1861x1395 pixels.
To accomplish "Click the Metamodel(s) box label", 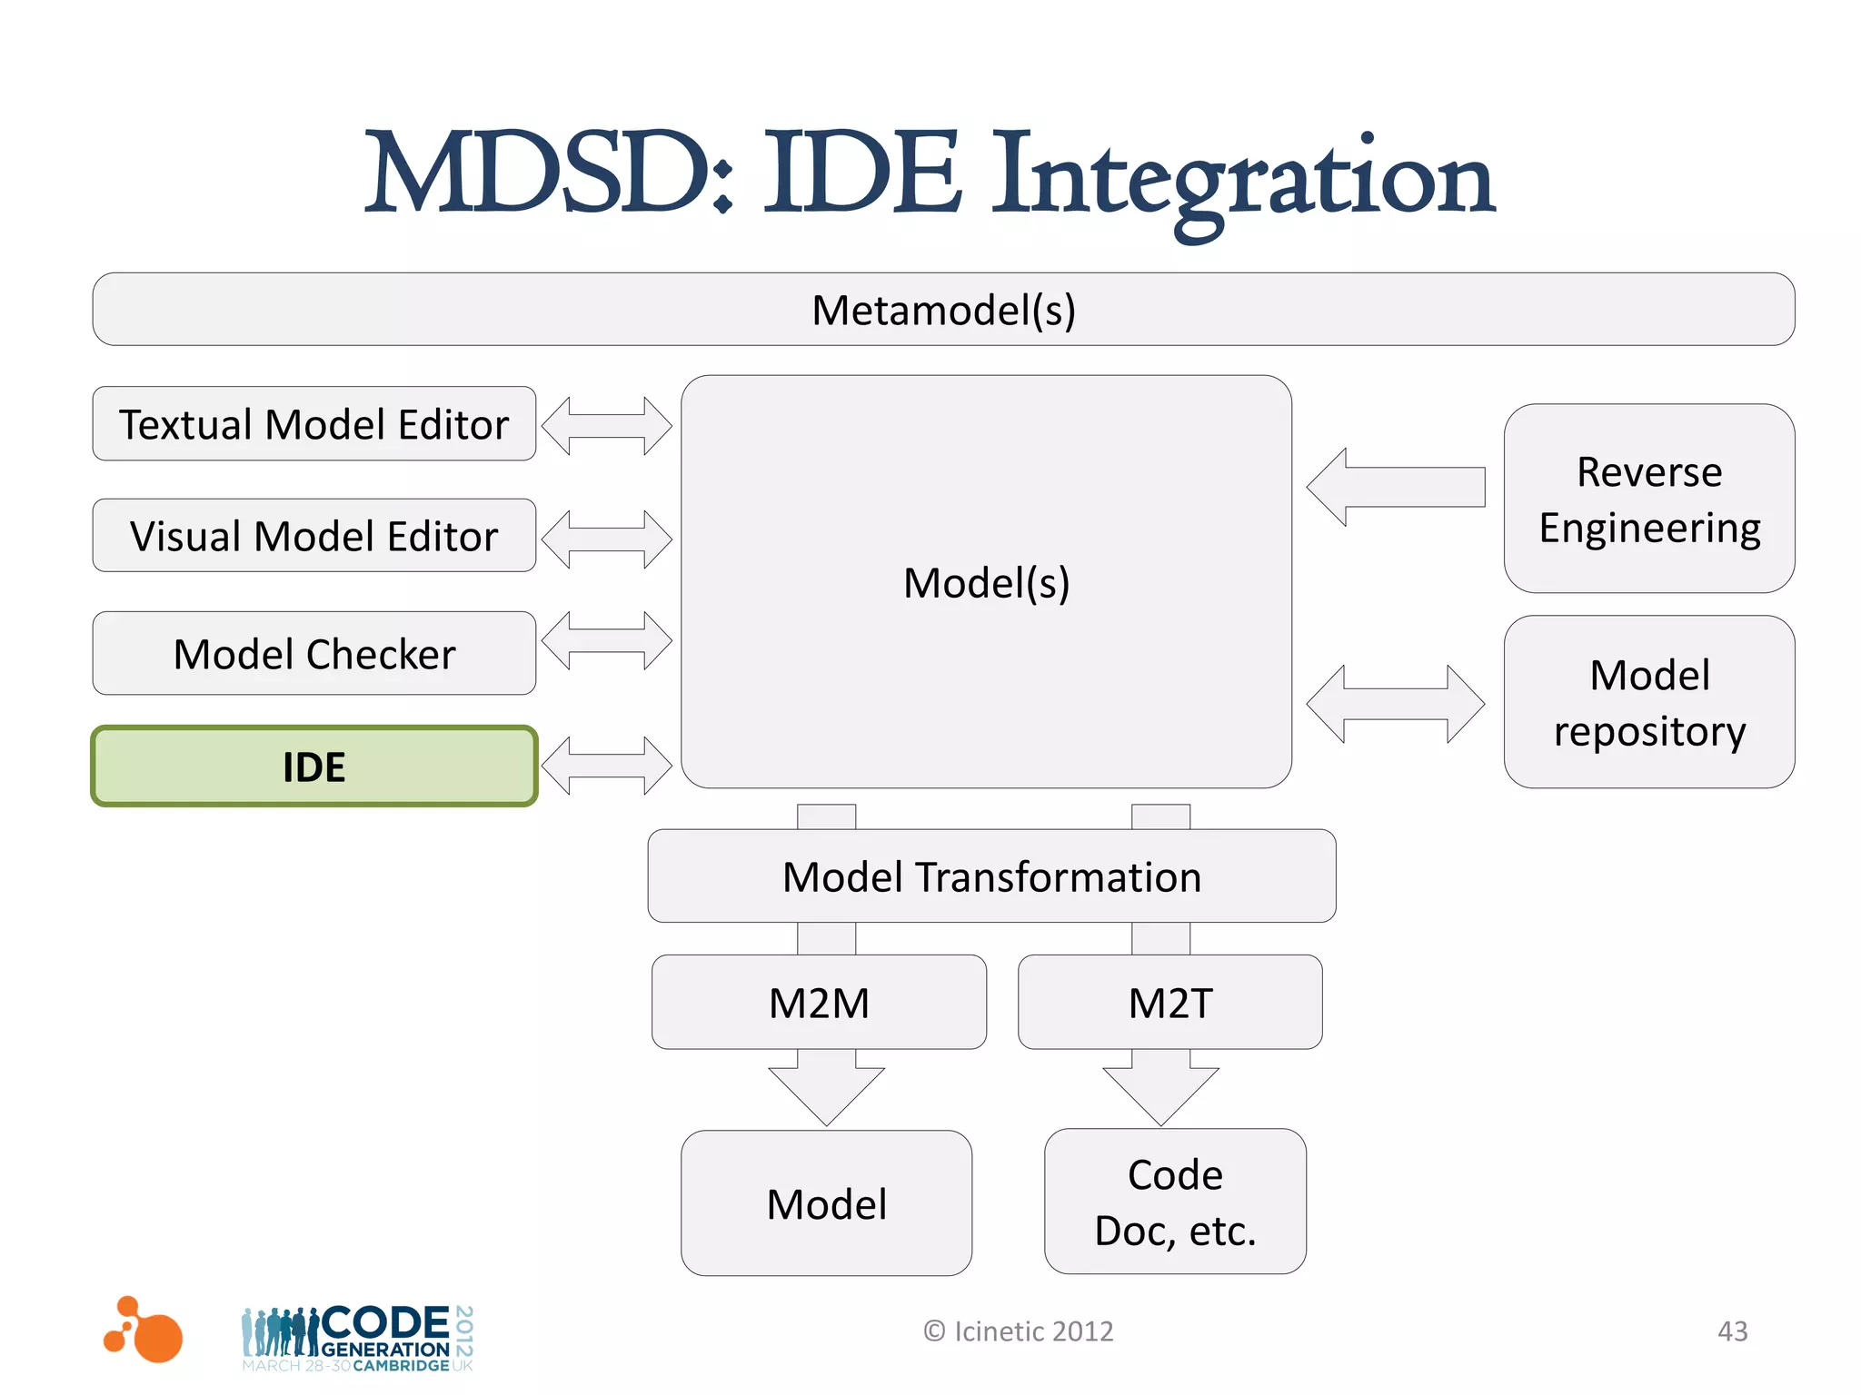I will [943, 311].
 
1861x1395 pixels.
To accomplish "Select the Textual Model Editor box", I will [313, 424].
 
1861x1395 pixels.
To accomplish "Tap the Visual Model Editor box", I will [313, 536].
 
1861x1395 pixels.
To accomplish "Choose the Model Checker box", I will [313, 654].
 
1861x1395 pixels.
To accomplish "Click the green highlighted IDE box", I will [313, 767].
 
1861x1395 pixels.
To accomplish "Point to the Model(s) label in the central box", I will [986, 582].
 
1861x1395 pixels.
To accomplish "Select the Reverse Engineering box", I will [1648, 500].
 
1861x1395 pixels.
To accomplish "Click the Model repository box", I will [1648, 702].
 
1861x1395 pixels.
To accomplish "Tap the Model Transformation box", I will [991, 876].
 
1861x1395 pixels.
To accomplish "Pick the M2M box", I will [819, 1003].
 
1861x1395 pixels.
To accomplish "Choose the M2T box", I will [1169, 1003].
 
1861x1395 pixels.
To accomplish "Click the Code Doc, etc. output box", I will [1174, 1202].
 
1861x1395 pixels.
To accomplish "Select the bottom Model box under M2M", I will [826, 1203].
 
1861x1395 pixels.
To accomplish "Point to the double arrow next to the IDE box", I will [606, 766].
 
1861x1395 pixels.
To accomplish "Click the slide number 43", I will [1732, 1331].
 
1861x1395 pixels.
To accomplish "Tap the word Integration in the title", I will [1241, 177].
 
